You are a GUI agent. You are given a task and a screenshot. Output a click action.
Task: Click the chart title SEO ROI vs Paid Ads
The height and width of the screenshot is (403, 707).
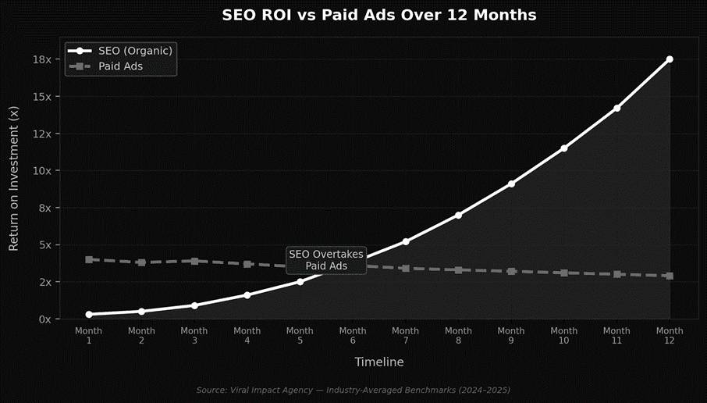tap(378, 16)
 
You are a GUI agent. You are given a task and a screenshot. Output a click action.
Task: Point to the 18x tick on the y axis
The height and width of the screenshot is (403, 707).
tap(42, 59)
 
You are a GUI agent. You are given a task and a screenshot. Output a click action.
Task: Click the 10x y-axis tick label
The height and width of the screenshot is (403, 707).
tap(42, 171)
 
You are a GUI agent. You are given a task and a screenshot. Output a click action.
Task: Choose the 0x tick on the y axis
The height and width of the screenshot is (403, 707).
tap(44, 319)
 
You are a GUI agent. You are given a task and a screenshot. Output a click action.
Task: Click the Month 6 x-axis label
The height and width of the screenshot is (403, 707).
tap(353, 336)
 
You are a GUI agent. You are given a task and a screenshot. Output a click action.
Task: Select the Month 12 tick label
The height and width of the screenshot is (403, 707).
tap(670, 336)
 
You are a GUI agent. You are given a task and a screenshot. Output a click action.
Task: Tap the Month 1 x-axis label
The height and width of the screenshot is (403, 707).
tap(89, 336)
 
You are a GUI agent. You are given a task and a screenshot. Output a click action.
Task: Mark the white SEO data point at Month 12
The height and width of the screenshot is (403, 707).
tap(670, 59)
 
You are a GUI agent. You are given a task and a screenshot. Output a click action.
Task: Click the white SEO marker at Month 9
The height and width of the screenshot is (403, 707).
tap(511, 184)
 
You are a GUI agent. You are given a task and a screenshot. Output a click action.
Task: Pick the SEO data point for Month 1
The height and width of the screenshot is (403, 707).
tap(89, 315)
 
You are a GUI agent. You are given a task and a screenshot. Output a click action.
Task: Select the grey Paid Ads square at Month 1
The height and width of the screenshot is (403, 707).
tap(89, 259)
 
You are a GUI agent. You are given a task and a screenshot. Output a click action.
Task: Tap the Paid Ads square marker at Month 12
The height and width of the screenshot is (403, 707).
tap(670, 276)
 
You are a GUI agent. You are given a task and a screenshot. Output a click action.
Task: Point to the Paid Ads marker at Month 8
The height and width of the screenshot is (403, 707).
tap(459, 270)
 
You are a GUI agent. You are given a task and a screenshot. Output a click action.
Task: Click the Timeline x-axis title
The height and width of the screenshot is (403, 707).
tap(379, 362)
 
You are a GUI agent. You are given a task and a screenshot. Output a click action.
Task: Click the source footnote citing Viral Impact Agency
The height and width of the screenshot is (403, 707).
tap(353, 389)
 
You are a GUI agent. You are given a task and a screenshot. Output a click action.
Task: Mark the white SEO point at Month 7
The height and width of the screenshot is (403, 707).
tap(406, 241)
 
